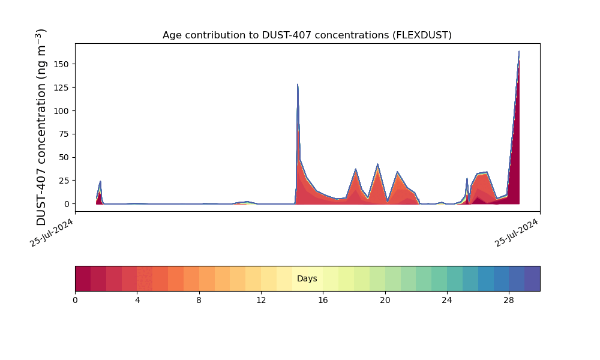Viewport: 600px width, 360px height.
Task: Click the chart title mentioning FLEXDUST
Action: [x=307, y=35]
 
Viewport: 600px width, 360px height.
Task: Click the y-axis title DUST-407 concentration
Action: [x=41, y=127]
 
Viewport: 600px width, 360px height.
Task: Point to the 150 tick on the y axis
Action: [x=62, y=64]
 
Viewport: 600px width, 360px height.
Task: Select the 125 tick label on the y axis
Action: [x=62, y=88]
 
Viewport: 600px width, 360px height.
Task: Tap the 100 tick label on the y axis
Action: [x=62, y=111]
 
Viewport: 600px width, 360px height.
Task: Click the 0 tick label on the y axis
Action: [x=67, y=204]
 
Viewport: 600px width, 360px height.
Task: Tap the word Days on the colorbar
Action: [x=307, y=279]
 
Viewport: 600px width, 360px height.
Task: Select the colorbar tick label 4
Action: [x=137, y=300]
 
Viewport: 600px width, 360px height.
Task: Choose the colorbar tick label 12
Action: [x=261, y=300]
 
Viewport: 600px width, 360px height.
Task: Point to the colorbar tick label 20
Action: [x=385, y=300]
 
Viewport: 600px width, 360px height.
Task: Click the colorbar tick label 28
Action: [x=509, y=300]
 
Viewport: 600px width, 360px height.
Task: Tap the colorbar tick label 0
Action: [x=75, y=300]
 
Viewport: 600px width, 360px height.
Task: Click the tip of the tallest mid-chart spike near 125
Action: [x=298, y=85]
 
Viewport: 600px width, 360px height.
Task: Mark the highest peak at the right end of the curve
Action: [x=519, y=52]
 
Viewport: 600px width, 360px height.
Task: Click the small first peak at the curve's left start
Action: [x=100, y=181]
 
